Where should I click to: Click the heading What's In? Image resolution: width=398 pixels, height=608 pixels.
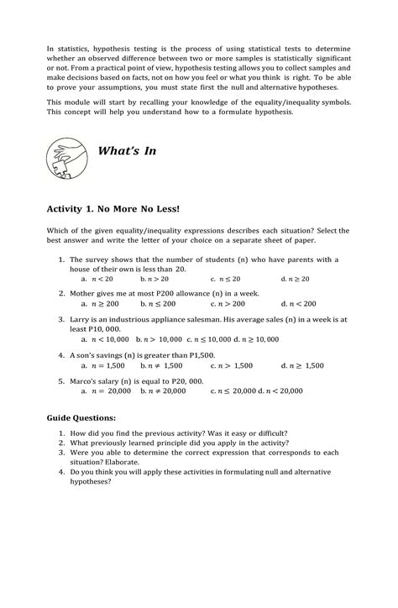click(x=128, y=151)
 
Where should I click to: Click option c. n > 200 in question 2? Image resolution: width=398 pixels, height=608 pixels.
click(x=228, y=304)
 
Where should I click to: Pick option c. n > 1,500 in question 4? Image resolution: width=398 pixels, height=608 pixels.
click(x=231, y=366)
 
